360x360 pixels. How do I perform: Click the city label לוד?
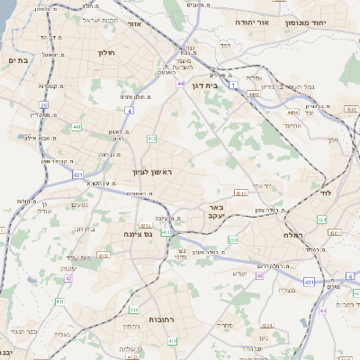(324, 193)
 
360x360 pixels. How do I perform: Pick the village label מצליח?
(287, 289)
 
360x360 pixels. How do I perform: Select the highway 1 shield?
(232, 85)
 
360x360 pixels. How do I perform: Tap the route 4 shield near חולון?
(129, 110)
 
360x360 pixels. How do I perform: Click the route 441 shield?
(76, 127)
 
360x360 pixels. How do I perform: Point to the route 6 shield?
(349, 275)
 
